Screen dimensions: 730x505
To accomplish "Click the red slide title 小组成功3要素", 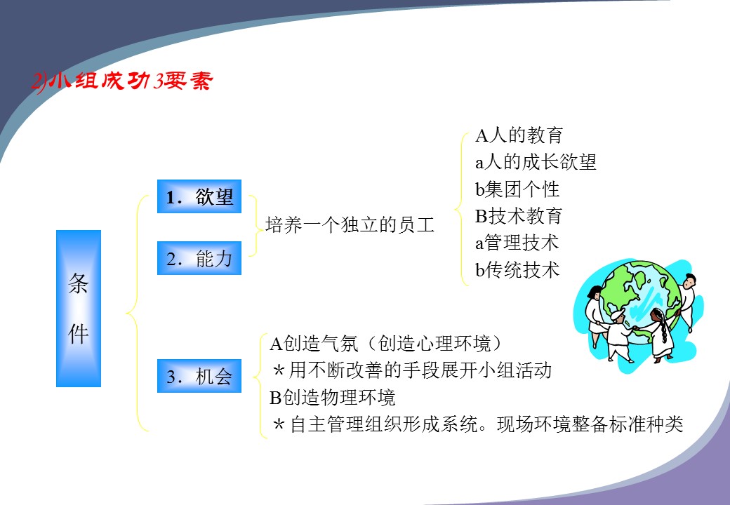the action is point(122,81).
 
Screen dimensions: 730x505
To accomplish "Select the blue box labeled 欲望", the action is point(199,196).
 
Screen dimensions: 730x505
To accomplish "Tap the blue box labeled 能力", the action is point(199,258).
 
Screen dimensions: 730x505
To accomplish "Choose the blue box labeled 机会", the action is point(199,376).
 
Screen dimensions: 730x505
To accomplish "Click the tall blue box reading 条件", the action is point(79,309).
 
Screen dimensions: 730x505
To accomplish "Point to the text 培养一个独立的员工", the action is point(350,224).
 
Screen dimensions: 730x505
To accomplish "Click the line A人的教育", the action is point(519,135).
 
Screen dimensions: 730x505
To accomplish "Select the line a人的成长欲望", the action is point(536,162).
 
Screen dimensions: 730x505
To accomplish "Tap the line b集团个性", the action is point(517,189).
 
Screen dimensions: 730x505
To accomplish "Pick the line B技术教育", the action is point(519,216).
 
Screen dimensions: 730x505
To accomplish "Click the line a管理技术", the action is point(517,242).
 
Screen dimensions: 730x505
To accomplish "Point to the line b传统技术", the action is point(517,269).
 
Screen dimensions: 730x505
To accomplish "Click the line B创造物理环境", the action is point(333,397).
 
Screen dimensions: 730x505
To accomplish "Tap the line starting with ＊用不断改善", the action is point(411,370).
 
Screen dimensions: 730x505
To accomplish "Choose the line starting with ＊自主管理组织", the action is point(478,424).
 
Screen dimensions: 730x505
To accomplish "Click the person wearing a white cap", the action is point(619,335).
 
